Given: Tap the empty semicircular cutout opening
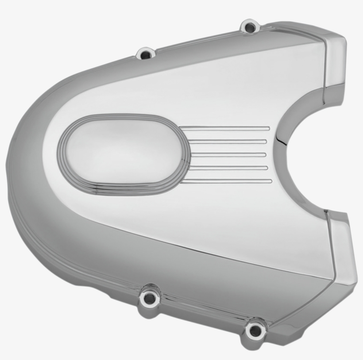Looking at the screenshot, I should [x=328, y=150].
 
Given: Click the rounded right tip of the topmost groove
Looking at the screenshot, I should [x=268, y=129].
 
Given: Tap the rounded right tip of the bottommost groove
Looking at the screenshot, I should [x=270, y=180].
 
